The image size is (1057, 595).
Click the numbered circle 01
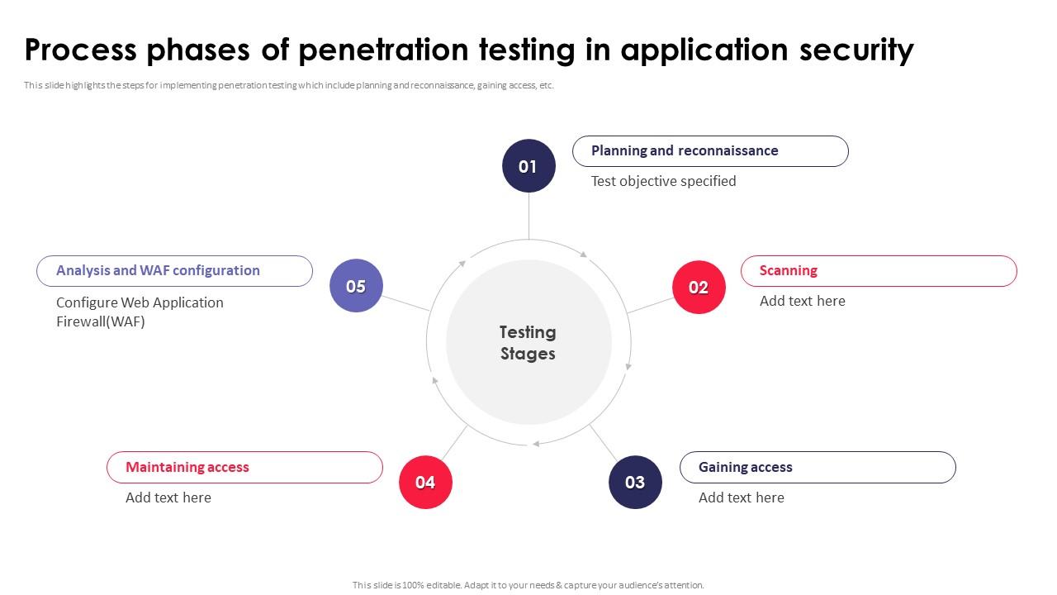coord(528,166)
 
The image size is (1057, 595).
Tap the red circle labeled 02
coord(699,288)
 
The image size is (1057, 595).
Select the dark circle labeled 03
coord(635,483)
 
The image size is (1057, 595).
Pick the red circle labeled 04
coord(425,483)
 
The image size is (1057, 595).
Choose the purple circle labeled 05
coord(356,286)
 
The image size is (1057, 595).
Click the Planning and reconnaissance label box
coord(710,151)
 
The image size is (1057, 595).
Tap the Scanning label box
coord(879,271)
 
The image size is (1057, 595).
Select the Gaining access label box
coord(818,468)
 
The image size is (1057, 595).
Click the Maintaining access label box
coord(244,468)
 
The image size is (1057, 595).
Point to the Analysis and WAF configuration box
coord(174,271)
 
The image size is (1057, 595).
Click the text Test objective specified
coord(663,181)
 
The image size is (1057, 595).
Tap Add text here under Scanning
coord(802,301)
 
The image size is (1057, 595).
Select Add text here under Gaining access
coord(741,497)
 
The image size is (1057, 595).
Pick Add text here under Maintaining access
coord(168,497)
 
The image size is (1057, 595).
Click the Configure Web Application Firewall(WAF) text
coord(140,312)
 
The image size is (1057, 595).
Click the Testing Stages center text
coord(528,343)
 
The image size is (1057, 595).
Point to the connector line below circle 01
coord(528,216)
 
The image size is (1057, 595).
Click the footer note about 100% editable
coord(528,585)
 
